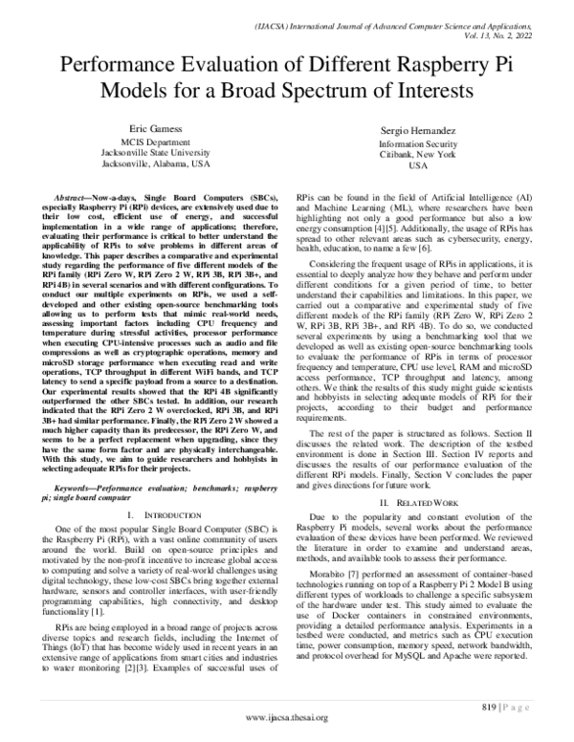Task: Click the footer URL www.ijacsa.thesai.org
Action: coord(287,717)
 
